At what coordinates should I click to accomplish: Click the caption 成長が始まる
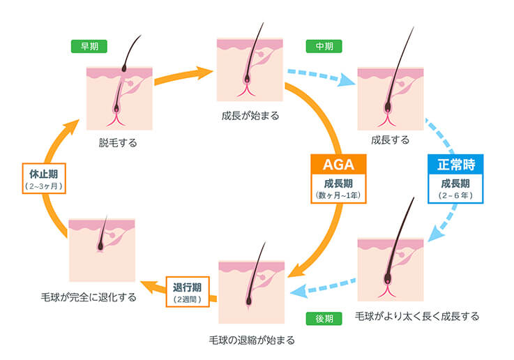coord(250,116)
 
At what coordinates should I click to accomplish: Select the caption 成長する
coord(391,140)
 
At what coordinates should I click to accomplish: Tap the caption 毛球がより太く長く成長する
coord(417,316)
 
